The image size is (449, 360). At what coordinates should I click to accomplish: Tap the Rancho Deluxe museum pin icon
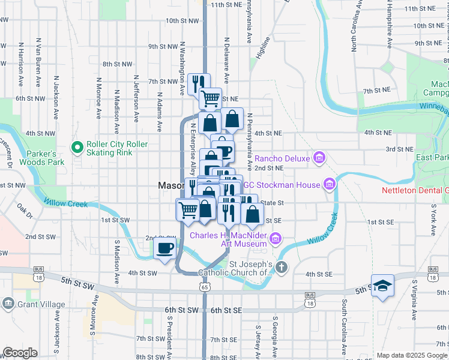pos(319,158)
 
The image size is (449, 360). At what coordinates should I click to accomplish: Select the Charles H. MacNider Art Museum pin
pos(276,239)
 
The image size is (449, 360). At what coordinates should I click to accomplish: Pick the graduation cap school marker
pos(382,286)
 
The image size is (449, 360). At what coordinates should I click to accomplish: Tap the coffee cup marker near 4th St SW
pos(164,248)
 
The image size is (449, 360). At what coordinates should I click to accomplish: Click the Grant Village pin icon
pos(8,304)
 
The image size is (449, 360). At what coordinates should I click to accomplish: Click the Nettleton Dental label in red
pos(415,191)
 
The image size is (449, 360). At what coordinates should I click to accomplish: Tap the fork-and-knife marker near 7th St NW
pos(197,83)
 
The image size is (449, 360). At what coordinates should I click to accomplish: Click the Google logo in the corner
pos(20,353)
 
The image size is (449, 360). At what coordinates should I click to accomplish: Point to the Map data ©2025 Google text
pos(412,355)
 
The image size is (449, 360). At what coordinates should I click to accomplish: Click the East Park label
pos(432,157)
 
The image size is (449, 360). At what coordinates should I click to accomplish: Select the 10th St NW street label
pos(182,20)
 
